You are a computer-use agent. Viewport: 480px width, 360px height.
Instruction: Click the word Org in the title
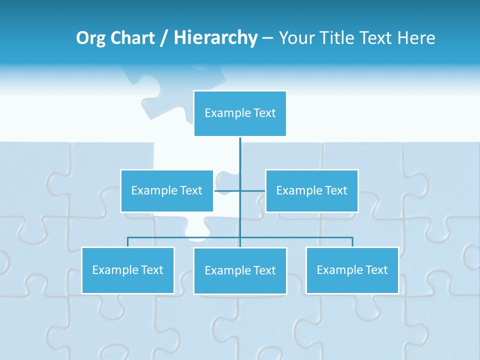90,38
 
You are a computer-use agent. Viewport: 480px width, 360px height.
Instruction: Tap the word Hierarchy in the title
215,38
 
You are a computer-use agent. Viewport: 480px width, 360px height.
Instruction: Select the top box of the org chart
240,113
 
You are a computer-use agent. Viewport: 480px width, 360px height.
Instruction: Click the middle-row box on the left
167,191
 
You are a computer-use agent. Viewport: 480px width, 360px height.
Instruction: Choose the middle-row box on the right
312,191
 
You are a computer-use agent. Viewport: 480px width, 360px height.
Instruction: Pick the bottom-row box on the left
128,270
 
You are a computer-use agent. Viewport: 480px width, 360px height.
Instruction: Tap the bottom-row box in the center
240,271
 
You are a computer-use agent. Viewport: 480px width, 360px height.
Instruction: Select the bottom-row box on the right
352,270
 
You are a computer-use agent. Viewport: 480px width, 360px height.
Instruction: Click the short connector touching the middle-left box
226,190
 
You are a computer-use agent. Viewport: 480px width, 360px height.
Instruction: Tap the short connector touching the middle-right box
253,190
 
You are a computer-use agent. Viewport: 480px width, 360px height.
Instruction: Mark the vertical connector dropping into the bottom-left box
128,242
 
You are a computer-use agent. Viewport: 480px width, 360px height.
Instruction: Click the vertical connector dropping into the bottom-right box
352,242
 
